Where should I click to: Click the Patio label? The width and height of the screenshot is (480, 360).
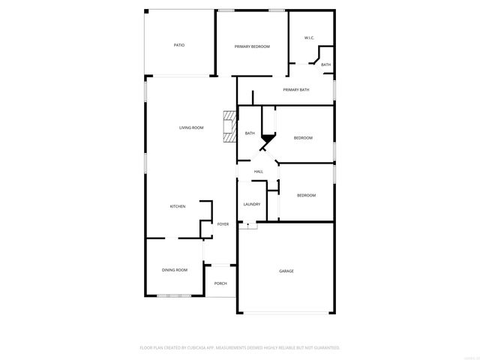coord(179,46)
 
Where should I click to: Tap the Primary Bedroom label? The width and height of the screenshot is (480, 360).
coord(252,46)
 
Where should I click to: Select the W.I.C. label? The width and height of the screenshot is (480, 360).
coord(309,37)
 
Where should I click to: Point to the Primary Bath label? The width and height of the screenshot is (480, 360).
coord(296,90)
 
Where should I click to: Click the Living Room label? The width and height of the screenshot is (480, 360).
coord(191,127)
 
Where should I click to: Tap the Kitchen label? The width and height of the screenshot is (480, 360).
coord(178,206)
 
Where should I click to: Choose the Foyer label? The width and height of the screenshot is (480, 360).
coord(223,224)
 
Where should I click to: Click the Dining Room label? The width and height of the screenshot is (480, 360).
coord(175,270)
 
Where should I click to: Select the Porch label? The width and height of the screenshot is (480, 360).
coord(220,283)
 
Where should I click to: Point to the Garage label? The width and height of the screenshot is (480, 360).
coord(286,271)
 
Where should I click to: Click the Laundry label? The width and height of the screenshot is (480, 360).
coord(252,204)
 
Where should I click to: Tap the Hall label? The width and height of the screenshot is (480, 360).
coord(258,172)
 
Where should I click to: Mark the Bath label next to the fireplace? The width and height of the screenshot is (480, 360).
coord(250,133)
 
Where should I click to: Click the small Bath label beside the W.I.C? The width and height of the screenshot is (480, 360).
coord(325,65)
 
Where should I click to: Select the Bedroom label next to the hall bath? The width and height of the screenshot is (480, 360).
coord(303,138)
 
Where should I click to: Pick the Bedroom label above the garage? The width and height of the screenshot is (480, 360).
coord(306,196)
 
